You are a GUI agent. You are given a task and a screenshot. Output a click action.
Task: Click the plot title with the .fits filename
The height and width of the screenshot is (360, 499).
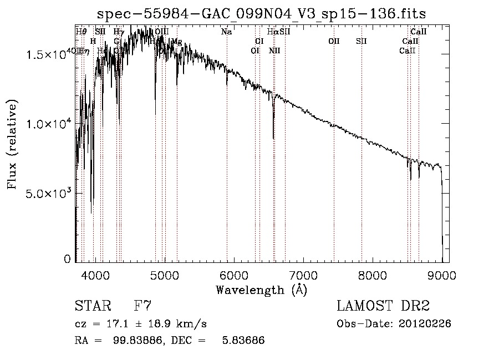coord(262,14)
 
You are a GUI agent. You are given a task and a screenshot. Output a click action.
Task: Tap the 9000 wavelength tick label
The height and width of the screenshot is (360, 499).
coord(442,275)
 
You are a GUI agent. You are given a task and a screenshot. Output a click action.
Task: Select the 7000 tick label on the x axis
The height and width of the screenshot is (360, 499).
coord(303,275)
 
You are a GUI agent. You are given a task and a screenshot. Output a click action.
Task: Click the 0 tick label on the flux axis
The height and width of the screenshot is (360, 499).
coord(68,259)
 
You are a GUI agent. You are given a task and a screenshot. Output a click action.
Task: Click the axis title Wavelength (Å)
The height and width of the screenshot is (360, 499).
coord(261,290)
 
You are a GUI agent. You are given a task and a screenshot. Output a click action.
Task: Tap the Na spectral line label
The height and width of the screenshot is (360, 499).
coord(226,32)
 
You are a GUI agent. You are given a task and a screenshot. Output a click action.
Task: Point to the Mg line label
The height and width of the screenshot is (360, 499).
coord(177,42)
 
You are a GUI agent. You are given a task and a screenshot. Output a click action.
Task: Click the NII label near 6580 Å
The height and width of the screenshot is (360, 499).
coord(274,50)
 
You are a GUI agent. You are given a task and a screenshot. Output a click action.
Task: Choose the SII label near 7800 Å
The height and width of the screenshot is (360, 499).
coord(361,41)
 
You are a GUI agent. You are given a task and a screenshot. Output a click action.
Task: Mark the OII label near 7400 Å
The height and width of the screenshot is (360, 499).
coord(334,41)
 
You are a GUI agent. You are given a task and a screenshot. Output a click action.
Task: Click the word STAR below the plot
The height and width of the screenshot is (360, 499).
coord(91,306)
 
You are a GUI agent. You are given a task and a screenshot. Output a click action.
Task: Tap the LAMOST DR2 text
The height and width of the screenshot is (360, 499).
coord(383,306)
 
